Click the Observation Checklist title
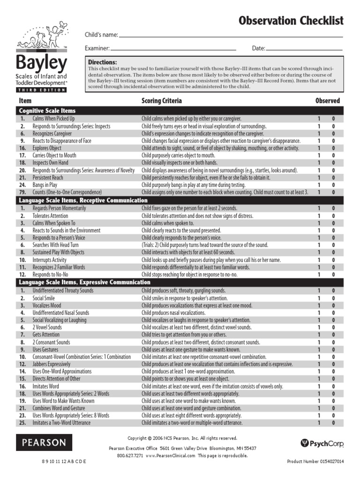(x=291, y=21)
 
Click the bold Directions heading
(x=103, y=62)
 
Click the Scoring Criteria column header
(x=162, y=101)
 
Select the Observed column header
(x=328, y=101)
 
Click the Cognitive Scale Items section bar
(x=180, y=111)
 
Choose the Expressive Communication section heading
(x=84, y=282)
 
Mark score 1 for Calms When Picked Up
(x=319, y=119)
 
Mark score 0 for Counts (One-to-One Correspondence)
(x=334, y=193)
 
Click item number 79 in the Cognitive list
(x=22, y=193)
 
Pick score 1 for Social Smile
(x=319, y=298)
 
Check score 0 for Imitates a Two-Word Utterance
(x=334, y=423)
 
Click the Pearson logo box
(x=41, y=442)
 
